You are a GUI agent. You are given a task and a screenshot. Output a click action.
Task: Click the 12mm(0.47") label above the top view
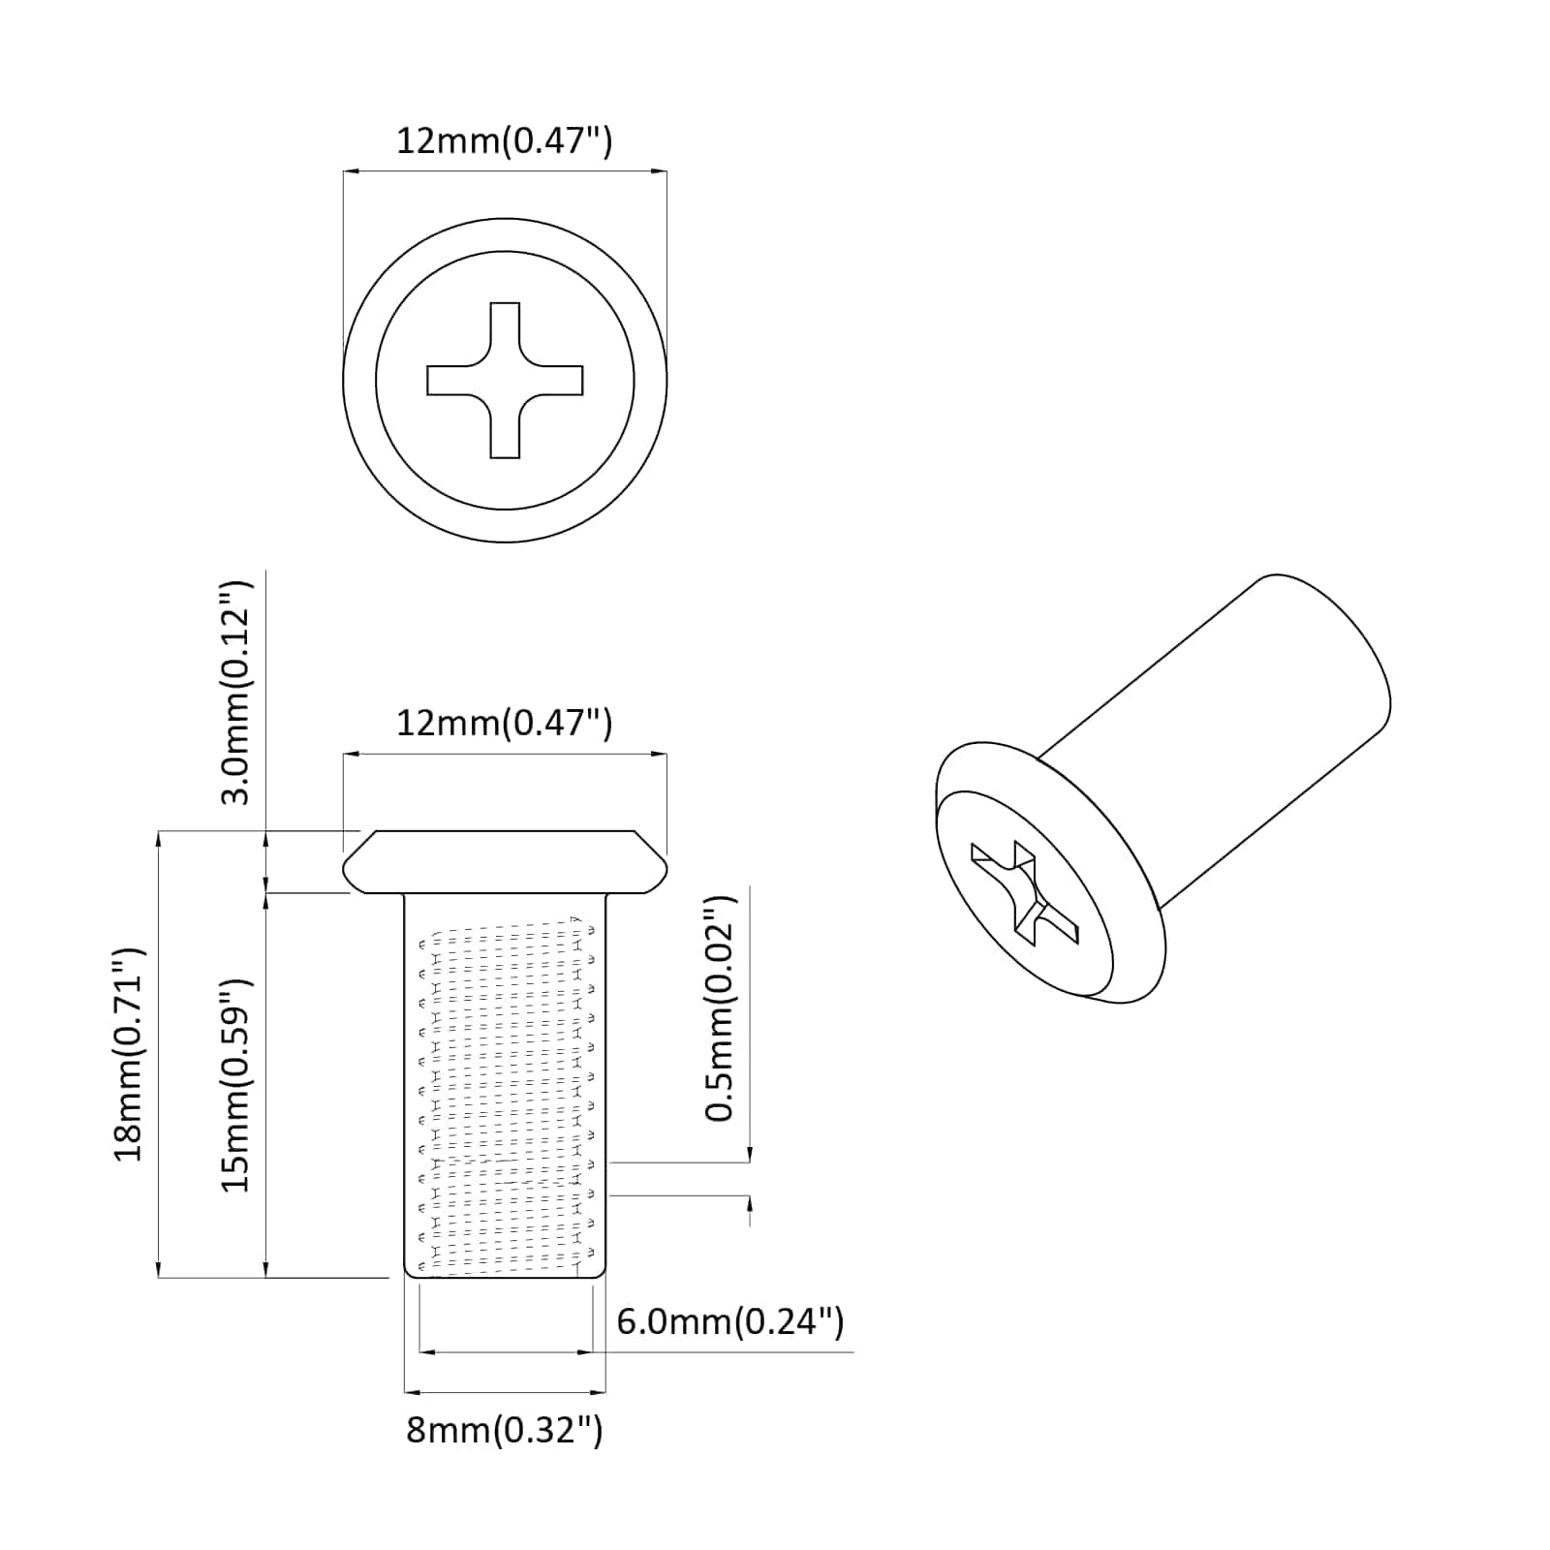click(x=504, y=141)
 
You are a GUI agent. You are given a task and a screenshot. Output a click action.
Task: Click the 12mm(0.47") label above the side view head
click(x=504, y=723)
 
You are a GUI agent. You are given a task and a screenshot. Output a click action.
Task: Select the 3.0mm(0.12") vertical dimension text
click(x=235, y=693)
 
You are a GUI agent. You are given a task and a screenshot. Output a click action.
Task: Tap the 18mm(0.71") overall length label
click(x=129, y=1054)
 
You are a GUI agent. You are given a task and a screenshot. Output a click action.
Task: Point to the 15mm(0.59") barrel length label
click(x=235, y=1085)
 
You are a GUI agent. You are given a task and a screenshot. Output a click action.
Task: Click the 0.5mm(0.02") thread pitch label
click(x=720, y=1007)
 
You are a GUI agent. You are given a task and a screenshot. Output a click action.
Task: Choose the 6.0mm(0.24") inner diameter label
click(x=729, y=1321)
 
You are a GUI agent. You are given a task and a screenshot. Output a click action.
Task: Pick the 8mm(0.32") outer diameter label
click(x=504, y=1430)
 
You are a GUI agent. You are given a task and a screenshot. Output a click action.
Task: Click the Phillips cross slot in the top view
click(x=505, y=380)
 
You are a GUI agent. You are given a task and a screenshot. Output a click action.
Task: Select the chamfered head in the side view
click(x=505, y=861)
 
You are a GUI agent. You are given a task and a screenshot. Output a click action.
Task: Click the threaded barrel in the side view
click(x=505, y=1095)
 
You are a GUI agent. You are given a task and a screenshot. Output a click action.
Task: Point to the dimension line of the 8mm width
click(x=505, y=1393)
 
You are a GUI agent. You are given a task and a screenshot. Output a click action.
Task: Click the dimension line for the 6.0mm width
click(x=505, y=1351)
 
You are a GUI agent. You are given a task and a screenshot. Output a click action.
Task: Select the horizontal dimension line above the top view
click(x=505, y=171)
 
